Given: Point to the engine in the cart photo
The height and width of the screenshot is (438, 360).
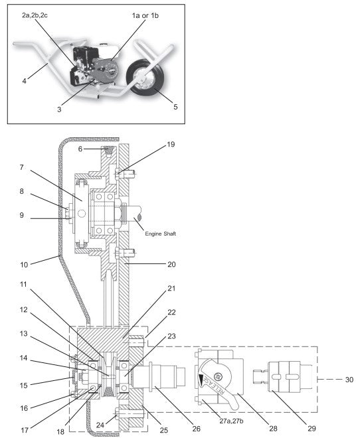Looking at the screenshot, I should coord(97,64).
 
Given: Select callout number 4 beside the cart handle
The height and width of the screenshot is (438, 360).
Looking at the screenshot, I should coord(24,81).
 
